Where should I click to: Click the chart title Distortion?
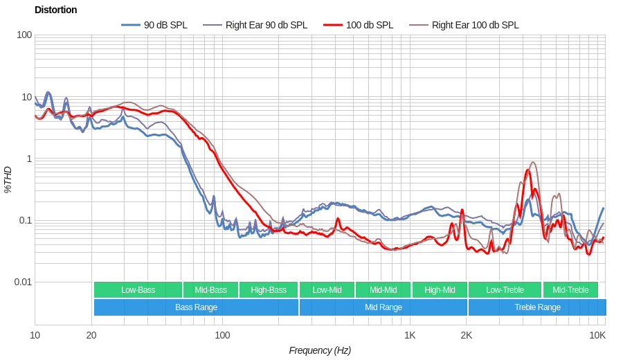tap(55, 10)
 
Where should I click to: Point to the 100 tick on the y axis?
tap(24, 35)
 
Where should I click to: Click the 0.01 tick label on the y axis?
tap(23, 282)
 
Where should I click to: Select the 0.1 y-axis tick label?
tap(24, 220)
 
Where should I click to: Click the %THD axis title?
tap(8, 179)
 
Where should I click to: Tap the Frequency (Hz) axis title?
tap(320, 350)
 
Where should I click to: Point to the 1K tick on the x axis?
tap(410, 335)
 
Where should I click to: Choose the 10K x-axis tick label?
tap(597, 335)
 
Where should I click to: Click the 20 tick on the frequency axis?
tap(91, 335)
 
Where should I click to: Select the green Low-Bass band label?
tap(138, 290)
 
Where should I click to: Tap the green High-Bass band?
tap(268, 290)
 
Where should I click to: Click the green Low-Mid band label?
tap(326, 290)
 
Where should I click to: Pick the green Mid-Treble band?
tap(570, 290)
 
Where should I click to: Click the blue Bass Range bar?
tap(196, 307)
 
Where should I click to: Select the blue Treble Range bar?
tap(537, 307)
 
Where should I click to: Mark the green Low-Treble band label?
tap(505, 290)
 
